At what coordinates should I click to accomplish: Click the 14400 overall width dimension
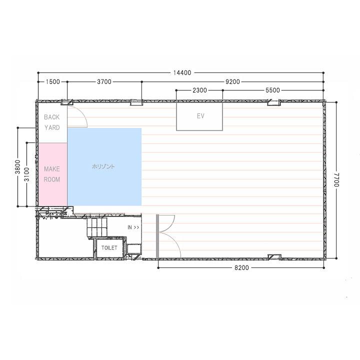(182, 73)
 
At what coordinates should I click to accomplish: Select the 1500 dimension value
(53, 81)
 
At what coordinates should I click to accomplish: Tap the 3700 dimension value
(104, 81)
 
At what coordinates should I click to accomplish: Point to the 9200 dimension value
(232, 81)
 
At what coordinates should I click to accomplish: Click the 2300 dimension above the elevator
(199, 90)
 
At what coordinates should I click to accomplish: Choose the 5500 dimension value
(273, 90)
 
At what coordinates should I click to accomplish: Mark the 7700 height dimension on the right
(336, 180)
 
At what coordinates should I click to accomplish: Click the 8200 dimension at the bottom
(241, 267)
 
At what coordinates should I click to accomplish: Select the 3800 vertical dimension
(18, 167)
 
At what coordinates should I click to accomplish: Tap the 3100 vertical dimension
(27, 174)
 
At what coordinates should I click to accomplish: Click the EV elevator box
(199, 116)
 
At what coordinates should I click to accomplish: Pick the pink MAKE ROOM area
(52, 174)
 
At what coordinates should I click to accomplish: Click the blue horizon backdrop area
(104, 166)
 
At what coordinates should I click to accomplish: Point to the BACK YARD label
(52, 122)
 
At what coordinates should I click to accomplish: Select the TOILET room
(109, 248)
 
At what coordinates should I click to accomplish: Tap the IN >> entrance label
(133, 227)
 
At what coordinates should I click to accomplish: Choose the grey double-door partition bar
(157, 236)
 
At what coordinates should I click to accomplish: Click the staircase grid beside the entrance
(97, 227)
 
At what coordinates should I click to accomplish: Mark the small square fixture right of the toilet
(134, 249)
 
